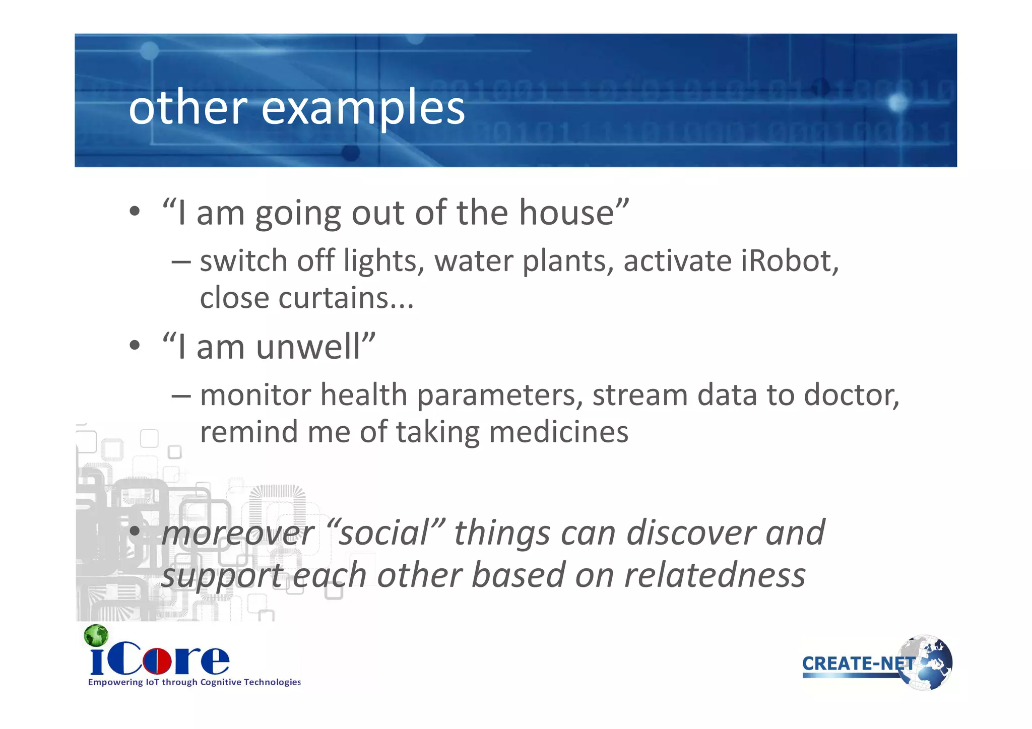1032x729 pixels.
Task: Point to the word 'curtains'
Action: [334, 298]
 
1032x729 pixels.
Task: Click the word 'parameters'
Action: [496, 394]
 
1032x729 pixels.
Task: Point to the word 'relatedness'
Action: [715, 575]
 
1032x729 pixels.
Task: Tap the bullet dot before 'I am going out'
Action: [134, 212]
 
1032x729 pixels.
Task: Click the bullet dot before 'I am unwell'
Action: [134, 346]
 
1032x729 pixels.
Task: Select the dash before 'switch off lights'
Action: [181, 262]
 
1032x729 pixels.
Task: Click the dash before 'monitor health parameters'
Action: [181, 395]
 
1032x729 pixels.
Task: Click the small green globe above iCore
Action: [96, 635]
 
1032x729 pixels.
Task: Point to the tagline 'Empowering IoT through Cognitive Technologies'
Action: [194, 682]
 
